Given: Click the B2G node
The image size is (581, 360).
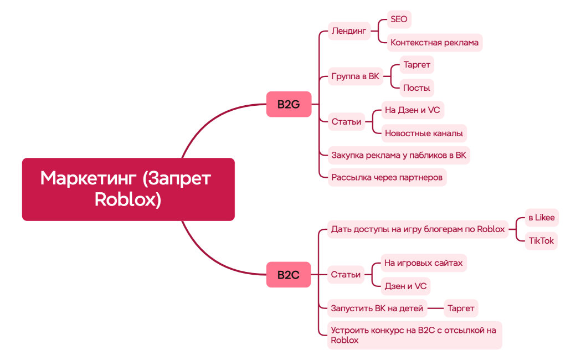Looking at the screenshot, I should [x=289, y=104].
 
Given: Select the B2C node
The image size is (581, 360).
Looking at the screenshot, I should [x=289, y=275].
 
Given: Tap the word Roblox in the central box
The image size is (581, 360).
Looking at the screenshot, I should [x=128, y=199].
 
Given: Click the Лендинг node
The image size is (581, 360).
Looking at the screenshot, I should [x=349, y=31].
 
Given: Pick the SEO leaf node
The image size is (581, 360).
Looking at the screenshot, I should [x=399, y=19].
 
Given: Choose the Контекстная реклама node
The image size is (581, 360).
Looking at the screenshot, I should [x=434, y=42].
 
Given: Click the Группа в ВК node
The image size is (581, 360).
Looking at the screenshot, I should [x=355, y=76].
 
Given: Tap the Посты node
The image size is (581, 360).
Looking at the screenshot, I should [x=417, y=88].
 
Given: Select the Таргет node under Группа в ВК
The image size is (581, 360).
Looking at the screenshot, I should [x=417, y=65].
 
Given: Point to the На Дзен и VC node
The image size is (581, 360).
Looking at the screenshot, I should [x=412, y=110].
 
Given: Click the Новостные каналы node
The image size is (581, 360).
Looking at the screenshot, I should [x=424, y=133].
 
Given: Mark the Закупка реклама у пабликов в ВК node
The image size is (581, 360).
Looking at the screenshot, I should [x=399, y=156].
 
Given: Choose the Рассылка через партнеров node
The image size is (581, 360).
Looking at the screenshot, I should [x=387, y=178].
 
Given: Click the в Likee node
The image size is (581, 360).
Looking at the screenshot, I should [x=541, y=218].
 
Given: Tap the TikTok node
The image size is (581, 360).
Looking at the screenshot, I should [x=541, y=240].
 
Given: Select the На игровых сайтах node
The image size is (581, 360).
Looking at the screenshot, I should [x=423, y=263].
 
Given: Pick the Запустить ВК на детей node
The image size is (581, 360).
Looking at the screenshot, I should [x=377, y=308].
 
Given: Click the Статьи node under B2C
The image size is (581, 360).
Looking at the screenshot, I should [x=346, y=275].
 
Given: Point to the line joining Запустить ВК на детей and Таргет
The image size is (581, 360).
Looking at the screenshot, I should [x=435, y=308].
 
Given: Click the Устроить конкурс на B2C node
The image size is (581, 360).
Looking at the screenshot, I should [x=413, y=335].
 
